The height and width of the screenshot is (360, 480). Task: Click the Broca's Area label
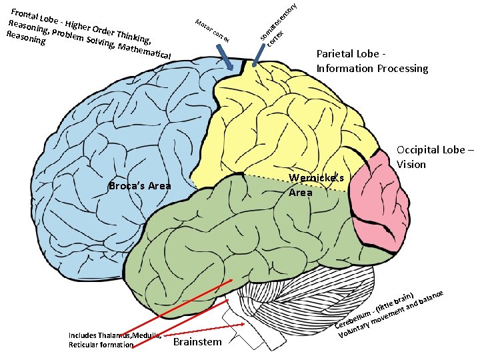click(139, 186)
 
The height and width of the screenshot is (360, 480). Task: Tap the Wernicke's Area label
click(316, 185)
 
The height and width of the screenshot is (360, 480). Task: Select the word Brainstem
click(197, 342)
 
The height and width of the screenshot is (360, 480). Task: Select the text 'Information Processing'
click(372, 68)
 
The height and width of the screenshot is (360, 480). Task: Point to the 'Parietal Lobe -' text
click(351, 54)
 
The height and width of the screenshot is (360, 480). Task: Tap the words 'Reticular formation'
click(101, 345)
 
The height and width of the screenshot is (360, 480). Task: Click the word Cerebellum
click(352, 319)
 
